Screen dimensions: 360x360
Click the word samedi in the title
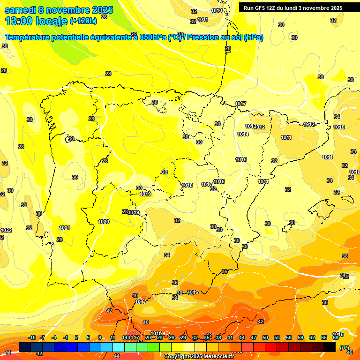click(22, 9)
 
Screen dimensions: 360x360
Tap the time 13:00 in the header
click(20, 21)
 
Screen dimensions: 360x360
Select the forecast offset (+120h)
click(83, 21)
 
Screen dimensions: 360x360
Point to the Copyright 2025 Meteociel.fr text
click(199, 356)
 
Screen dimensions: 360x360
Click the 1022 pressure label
click(6, 230)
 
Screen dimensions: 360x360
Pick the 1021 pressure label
click(64, 228)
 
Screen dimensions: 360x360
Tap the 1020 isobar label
click(104, 222)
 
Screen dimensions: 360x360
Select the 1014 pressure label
click(242, 134)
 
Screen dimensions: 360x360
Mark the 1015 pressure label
click(241, 160)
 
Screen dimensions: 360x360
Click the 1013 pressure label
click(250, 126)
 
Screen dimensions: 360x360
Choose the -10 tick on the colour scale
click(32, 338)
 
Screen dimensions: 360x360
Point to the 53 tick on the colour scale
click(277, 338)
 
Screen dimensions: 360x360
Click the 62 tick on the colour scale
click(312, 338)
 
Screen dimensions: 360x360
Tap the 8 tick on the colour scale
click(100, 338)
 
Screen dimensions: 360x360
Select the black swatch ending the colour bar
click(330, 347)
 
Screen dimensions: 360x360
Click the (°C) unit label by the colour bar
click(345, 347)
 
